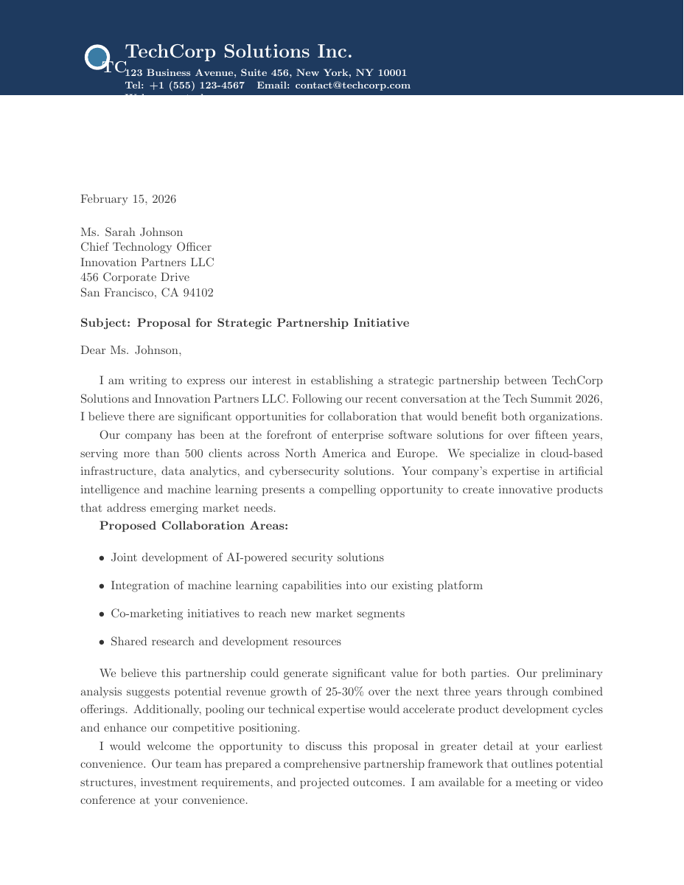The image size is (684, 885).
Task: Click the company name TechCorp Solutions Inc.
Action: pos(238,52)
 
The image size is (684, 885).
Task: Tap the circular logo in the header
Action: pos(97,58)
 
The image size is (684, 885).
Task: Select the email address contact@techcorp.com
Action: pos(352,86)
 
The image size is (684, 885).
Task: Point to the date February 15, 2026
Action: pos(128,199)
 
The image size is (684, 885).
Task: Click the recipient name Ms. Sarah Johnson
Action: pos(131,232)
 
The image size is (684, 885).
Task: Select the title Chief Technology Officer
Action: pos(145,247)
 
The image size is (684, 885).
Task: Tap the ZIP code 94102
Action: pos(197,293)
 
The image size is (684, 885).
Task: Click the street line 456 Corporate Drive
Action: pos(135,277)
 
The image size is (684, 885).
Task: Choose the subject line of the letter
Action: pos(244,323)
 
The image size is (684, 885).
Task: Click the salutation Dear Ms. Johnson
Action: pos(130,350)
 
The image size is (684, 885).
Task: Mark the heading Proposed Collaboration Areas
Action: pos(194,526)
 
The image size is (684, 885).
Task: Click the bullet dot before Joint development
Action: pos(101,558)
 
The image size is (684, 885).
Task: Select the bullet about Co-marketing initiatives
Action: pos(257,614)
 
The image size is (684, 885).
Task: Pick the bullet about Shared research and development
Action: pos(226,642)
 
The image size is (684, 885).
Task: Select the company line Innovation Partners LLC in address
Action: pos(147,263)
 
